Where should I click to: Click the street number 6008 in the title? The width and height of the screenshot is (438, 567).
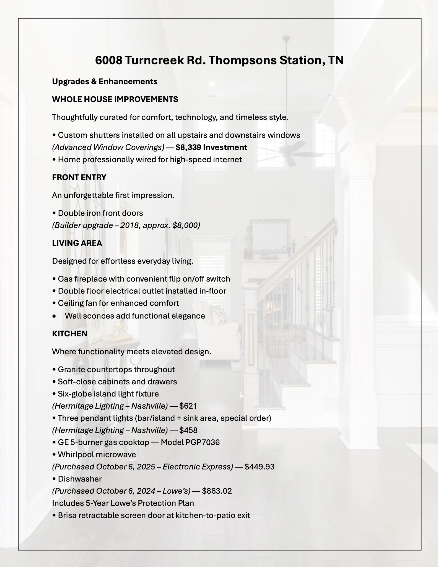[x=108, y=60]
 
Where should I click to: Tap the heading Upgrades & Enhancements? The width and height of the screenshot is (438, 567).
[x=105, y=81]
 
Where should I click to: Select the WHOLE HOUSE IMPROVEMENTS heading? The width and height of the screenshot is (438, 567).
[x=115, y=99]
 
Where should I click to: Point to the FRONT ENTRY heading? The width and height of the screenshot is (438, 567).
[x=79, y=177]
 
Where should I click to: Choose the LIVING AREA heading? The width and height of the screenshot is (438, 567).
[x=77, y=243]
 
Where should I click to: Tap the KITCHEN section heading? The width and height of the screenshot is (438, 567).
[x=69, y=334]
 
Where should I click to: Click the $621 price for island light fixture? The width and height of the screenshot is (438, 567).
[x=188, y=406]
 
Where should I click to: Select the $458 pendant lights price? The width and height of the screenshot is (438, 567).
[x=188, y=430]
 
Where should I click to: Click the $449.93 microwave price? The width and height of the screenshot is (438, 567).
[x=259, y=467]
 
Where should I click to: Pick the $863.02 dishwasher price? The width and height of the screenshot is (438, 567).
[x=217, y=491]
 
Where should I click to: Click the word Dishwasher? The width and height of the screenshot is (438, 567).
[x=80, y=479]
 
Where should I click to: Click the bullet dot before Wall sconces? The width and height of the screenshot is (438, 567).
[x=54, y=316]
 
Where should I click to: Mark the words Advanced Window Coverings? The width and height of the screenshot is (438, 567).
[x=108, y=147]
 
